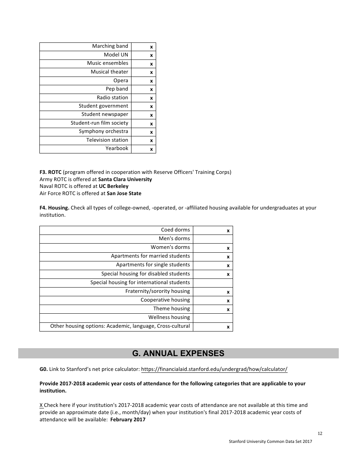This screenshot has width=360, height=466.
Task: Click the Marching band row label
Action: pos(110,46)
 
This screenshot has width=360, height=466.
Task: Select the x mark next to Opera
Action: pos(151,81)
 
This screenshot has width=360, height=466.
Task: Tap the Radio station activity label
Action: pos(112,98)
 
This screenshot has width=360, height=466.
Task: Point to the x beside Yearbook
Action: pos(151,149)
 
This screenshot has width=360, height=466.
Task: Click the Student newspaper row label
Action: pos(105,114)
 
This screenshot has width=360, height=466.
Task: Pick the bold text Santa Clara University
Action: pos(125,179)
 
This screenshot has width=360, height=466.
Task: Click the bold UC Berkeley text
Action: pos(114,186)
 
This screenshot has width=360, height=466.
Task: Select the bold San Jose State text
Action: pos(124,194)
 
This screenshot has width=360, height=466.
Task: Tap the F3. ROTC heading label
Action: pos(50,172)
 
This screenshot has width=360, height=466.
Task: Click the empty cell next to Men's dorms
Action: pos(213,239)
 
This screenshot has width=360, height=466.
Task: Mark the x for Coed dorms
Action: pos(228,230)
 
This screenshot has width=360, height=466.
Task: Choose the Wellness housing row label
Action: pos(169,317)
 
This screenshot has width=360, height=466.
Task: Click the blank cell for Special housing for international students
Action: pos(213,283)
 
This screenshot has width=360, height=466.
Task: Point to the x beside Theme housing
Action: pos(228,310)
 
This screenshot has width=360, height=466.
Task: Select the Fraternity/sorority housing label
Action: pos(158,291)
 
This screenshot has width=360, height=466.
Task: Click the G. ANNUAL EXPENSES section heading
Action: pos(178,353)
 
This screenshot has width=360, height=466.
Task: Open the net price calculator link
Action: pos(214,369)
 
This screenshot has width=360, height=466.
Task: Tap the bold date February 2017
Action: pos(128,420)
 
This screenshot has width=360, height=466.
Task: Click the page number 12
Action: pos(320,434)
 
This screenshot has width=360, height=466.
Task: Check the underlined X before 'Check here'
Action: pos(41,405)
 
